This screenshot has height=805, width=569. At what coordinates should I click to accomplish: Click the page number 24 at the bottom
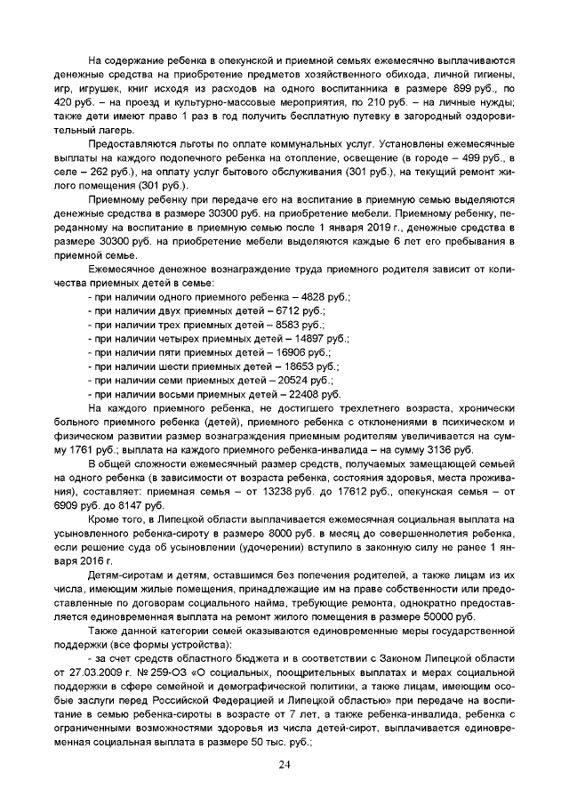(x=284, y=766)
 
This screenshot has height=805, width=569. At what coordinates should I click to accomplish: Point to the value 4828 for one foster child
(x=293, y=294)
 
